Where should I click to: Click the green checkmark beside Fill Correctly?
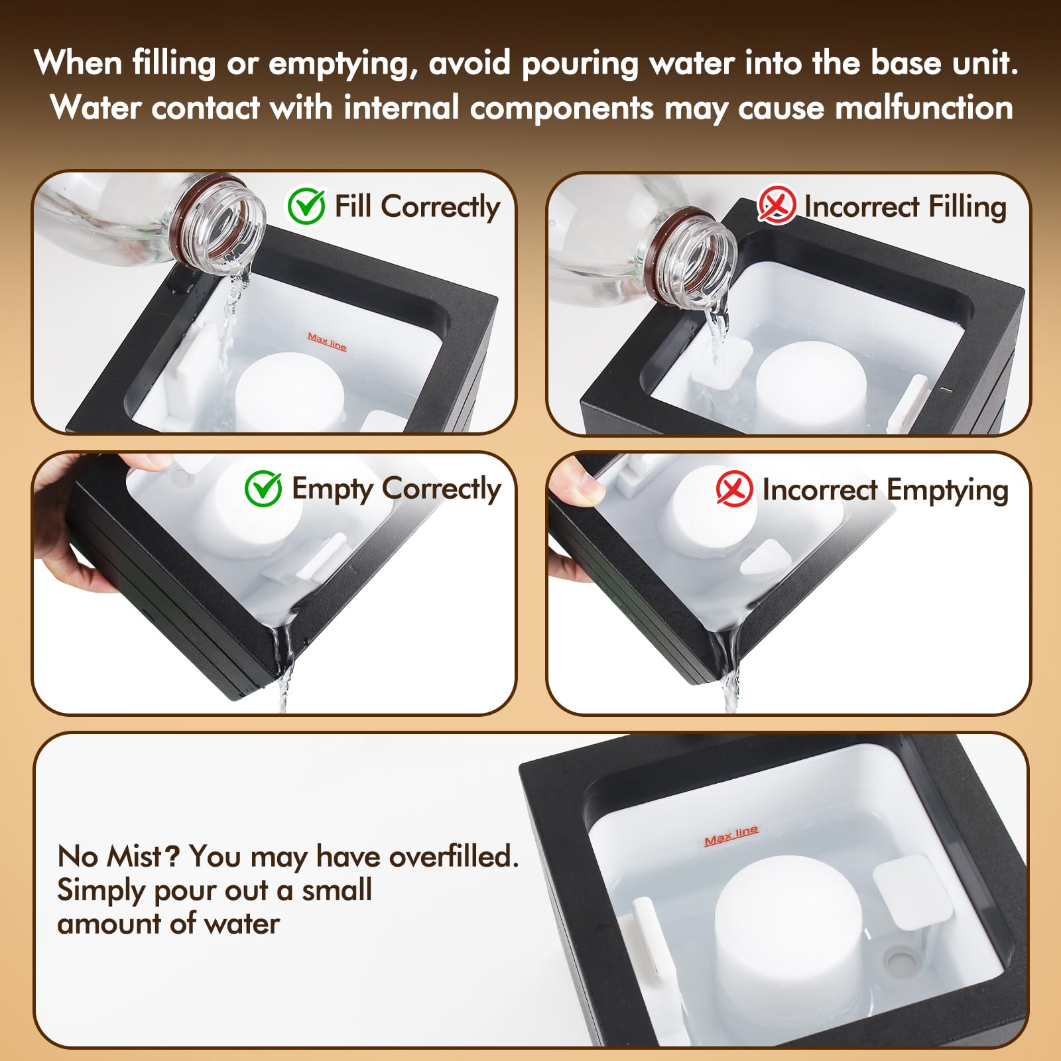(x=306, y=206)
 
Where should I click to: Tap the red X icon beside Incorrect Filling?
(x=777, y=204)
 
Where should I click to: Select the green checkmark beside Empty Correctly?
(x=263, y=489)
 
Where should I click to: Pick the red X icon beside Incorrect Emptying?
(x=734, y=489)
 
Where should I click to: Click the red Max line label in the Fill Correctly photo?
(x=327, y=342)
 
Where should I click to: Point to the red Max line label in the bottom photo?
(x=731, y=836)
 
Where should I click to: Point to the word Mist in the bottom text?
(x=135, y=856)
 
